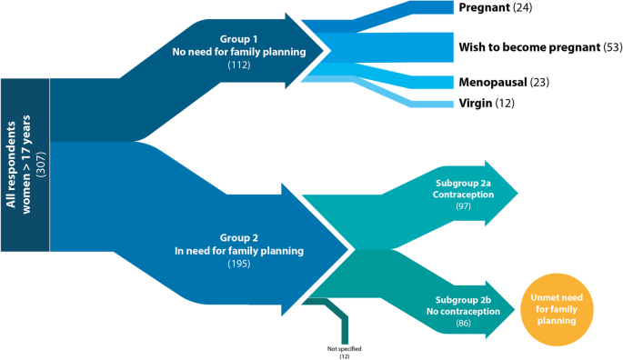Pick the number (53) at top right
point(613,45)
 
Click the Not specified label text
point(343,347)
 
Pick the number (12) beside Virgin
point(505,105)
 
